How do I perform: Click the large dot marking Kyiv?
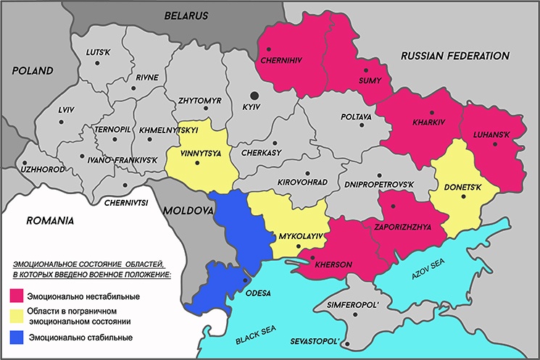point(254,95)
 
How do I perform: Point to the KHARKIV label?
point(425,124)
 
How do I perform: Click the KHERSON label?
point(333,265)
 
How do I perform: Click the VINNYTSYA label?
point(202,154)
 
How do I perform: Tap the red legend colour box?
point(16,296)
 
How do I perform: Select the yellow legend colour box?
point(16,316)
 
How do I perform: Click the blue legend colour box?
point(16,338)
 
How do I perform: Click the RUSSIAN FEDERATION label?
point(455,56)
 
